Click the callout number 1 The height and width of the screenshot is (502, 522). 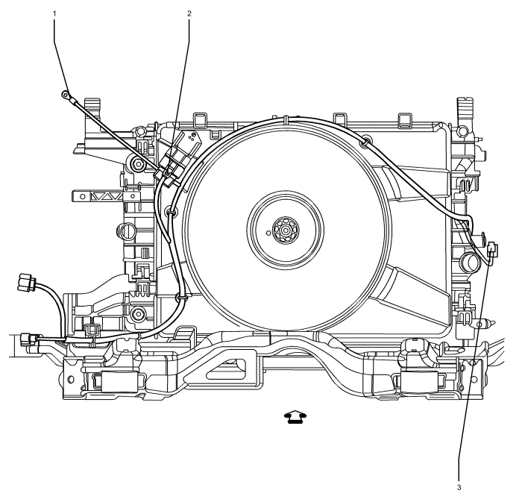[54, 13]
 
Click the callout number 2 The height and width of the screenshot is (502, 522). [189, 13]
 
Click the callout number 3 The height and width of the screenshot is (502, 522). [459, 488]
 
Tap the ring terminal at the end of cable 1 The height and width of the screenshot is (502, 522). [66, 95]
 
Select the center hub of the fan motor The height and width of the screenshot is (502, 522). [286, 230]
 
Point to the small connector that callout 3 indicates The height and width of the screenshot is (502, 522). [492, 250]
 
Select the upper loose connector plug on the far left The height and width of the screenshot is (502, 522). [28, 282]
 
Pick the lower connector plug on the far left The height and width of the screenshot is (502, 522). [28, 339]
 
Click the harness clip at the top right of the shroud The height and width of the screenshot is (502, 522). [365, 141]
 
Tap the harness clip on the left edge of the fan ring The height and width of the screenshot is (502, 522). [172, 211]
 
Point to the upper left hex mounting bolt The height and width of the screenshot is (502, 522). [137, 164]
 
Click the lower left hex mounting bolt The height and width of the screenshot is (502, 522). [137, 314]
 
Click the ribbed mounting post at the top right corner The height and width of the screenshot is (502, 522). [465, 110]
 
